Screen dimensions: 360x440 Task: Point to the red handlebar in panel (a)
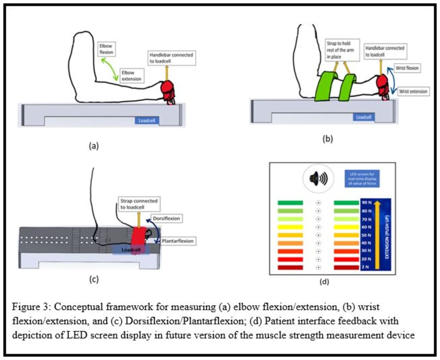pos(169,90)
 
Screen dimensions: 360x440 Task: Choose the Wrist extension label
pos(412,92)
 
